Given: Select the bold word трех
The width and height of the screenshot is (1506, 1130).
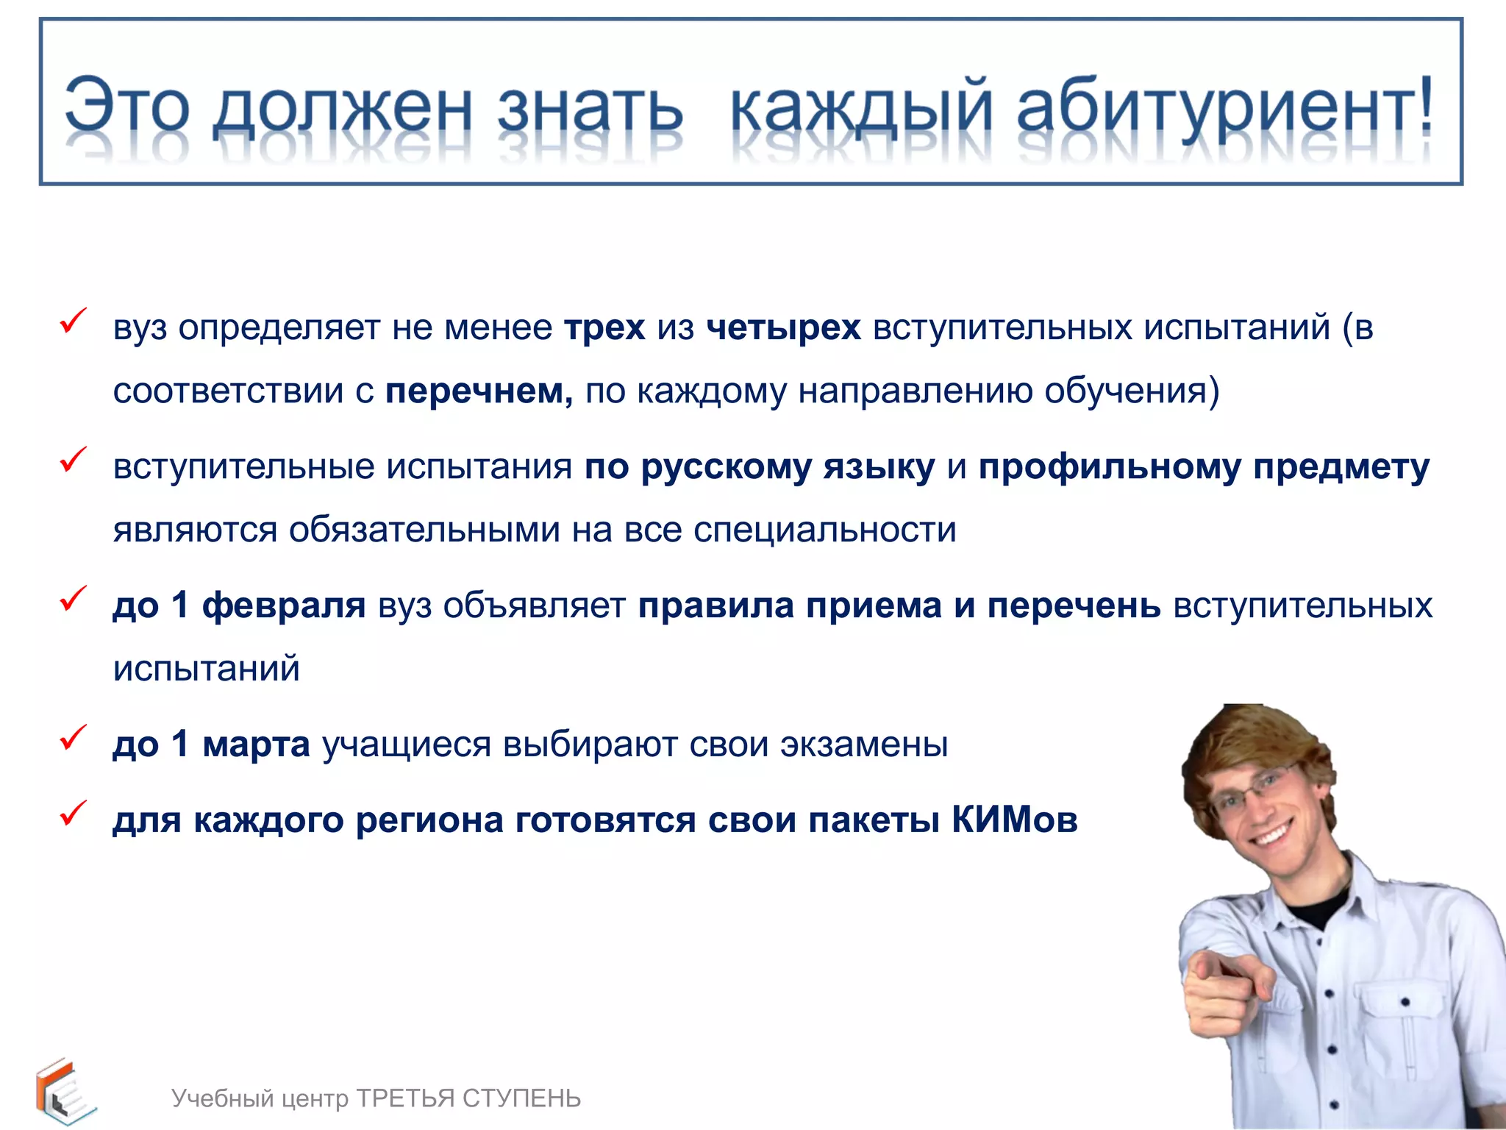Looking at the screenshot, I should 604,328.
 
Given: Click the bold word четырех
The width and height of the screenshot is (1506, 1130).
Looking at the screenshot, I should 783,328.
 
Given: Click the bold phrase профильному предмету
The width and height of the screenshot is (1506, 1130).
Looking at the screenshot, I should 1204,468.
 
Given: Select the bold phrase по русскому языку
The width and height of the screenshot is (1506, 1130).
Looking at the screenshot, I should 760,468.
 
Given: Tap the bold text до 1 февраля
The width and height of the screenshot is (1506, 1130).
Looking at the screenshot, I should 239,606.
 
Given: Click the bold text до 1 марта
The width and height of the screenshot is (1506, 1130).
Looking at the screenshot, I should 211,745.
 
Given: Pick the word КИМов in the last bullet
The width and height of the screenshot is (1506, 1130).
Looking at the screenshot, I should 1014,820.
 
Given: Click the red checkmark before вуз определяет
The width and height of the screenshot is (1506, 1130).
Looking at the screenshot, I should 73,321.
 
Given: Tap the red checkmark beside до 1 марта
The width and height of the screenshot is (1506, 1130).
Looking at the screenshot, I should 73,738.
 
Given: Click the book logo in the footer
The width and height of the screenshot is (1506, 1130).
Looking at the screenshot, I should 65,1092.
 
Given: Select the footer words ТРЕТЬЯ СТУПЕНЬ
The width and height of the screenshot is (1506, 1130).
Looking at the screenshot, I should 468,1098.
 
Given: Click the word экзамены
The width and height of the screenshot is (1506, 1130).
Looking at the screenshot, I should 864,745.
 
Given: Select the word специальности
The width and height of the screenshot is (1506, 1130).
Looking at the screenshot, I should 824,530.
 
